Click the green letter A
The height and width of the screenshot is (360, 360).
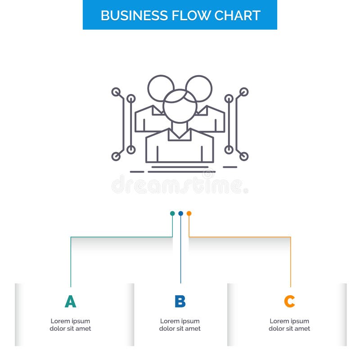pos(70,301)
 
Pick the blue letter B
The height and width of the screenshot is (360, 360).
pos(180,301)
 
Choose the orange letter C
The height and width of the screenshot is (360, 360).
pos(289,301)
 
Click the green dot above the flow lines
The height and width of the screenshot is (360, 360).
pos(172,213)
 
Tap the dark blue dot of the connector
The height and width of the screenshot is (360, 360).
pos(180,213)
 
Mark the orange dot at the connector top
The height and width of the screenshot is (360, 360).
pos(189,213)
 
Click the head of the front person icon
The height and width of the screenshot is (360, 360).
pos(180,106)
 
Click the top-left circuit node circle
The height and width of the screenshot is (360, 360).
pos(116,92)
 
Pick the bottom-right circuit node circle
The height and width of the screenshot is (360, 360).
pos(243,157)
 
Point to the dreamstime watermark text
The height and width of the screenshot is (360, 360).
pos(180,184)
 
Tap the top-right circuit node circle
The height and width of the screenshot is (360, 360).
pos(243,92)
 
